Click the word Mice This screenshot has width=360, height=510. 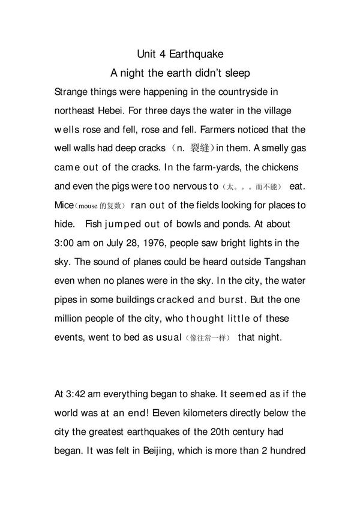coord(64,205)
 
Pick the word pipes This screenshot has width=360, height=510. coord(65,299)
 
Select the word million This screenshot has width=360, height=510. coord(68,317)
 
